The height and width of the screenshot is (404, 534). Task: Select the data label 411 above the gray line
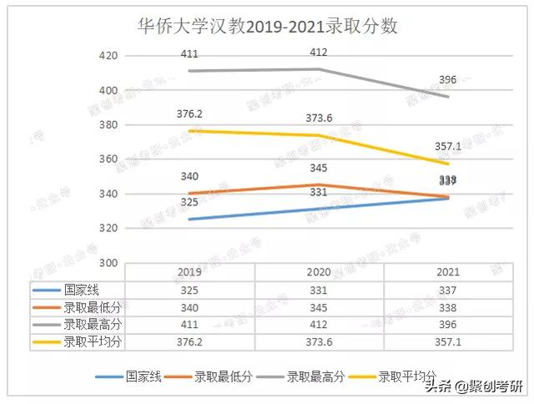(x=191, y=54)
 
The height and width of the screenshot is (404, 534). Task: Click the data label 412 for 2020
(x=318, y=53)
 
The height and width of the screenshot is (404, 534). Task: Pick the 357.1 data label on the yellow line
(x=447, y=146)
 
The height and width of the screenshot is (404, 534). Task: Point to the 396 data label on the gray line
(x=447, y=80)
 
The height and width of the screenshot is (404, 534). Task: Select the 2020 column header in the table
(x=319, y=272)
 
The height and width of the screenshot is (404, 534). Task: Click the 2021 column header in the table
(x=447, y=272)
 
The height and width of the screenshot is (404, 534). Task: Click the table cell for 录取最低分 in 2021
(x=447, y=308)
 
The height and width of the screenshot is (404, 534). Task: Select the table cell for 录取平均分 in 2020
(x=319, y=342)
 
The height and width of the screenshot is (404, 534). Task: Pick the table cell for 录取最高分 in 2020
(x=319, y=325)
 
